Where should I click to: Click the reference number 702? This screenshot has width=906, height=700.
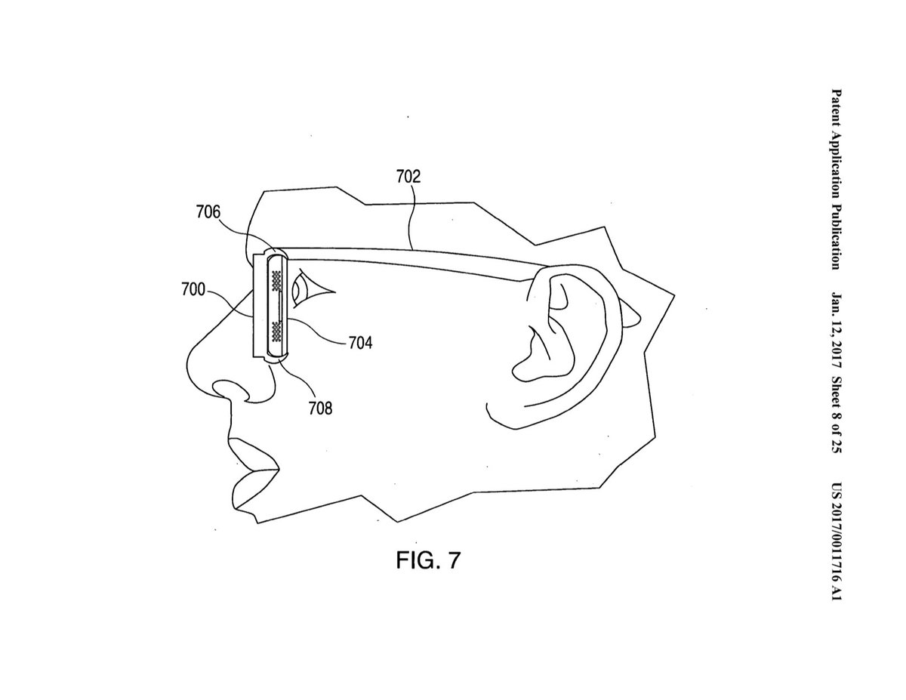click(408, 177)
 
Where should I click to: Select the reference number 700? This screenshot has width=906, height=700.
click(194, 288)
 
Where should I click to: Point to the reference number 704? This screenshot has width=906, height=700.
click(360, 343)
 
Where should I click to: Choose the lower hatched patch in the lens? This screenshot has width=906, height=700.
click(276, 329)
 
